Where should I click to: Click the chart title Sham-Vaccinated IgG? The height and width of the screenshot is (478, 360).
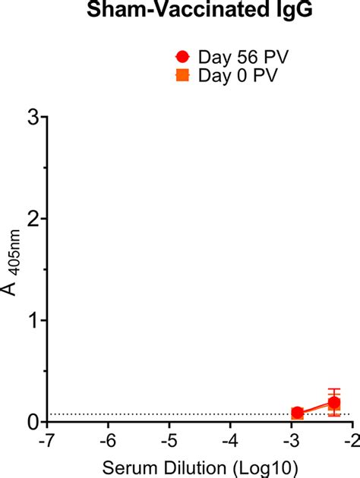(179, 11)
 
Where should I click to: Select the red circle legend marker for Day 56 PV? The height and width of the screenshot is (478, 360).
(182, 57)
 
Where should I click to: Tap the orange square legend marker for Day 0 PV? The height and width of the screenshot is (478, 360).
(182, 74)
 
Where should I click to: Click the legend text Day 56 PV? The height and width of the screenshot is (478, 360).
(233, 57)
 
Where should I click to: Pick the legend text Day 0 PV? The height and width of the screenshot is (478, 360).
(229, 74)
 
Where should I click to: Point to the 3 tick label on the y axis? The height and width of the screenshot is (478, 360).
(33, 117)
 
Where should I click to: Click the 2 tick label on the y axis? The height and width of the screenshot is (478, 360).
(33, 219)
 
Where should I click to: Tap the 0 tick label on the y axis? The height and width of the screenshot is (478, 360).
(33, 422)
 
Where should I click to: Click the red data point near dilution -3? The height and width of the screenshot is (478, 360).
(298, 413)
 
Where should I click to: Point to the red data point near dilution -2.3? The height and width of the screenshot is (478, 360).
(334, 402)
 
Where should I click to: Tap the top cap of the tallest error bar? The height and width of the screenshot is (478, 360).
(334, 389)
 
